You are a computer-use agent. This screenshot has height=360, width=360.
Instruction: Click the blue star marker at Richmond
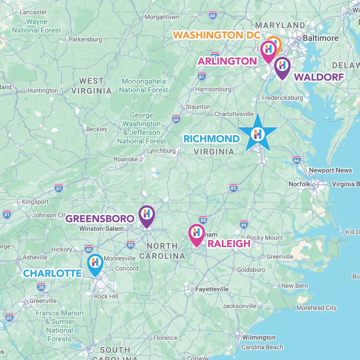coord(258,134)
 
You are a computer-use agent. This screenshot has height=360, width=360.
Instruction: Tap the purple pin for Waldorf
coord(282,67)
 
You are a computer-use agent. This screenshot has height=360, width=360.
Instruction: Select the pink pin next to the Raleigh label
coord(196,233)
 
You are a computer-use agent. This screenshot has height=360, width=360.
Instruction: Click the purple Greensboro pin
coord(147,215)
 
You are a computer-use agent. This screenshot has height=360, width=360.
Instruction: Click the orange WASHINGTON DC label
coord(216,35)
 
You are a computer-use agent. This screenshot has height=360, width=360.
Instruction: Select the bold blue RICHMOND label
coord(212,139)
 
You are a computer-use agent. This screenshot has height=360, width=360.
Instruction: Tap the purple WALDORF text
coord(319,77)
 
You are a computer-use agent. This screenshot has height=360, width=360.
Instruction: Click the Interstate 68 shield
coord(213,15)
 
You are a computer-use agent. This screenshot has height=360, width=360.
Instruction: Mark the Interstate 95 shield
coord(244,224)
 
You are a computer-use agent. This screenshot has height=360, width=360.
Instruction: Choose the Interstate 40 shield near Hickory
coord(88,249)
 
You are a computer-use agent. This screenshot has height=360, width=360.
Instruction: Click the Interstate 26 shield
coord(41,287)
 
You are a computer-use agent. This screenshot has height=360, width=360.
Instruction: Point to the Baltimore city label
coord(320,38)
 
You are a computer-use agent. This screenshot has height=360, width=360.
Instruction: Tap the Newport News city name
coord(330,170)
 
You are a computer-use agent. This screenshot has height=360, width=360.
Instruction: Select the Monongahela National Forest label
coord(144,85)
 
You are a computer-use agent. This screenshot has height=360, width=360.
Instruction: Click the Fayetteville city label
coord(212,289)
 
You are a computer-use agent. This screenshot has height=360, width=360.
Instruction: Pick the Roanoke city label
coord(126,159)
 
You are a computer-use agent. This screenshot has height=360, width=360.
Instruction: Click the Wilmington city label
coord(259,337)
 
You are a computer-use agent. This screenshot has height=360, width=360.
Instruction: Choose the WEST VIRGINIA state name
coord(91,86)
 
